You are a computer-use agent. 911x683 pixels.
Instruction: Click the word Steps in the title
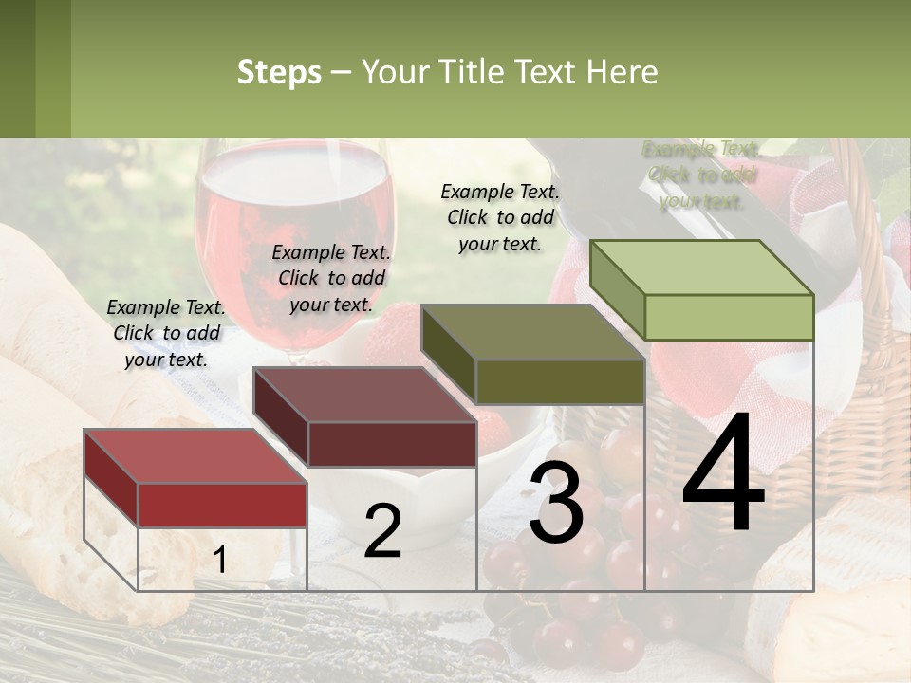tap(279, 73)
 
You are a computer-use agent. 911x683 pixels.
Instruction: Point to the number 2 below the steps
tap(382, 531)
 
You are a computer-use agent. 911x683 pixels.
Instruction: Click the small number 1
tap(219, 561)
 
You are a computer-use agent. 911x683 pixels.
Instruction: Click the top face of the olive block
tap(532, 332)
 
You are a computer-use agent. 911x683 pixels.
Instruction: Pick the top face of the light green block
tap(702, 268)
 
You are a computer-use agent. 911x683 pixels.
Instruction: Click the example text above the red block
tap(166, 333)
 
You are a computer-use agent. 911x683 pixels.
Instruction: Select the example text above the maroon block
tap(331, 278)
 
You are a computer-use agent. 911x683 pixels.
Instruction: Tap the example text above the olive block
tap(500, 217)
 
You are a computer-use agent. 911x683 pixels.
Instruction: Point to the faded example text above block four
tap(701, 175)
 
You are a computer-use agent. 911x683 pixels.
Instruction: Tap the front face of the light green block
tap(729, 317)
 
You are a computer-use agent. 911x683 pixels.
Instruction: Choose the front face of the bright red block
tap(222, 505)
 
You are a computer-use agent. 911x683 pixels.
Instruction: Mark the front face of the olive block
tap(560, 381)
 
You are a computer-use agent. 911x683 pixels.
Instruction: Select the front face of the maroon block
tap(391, 443)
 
